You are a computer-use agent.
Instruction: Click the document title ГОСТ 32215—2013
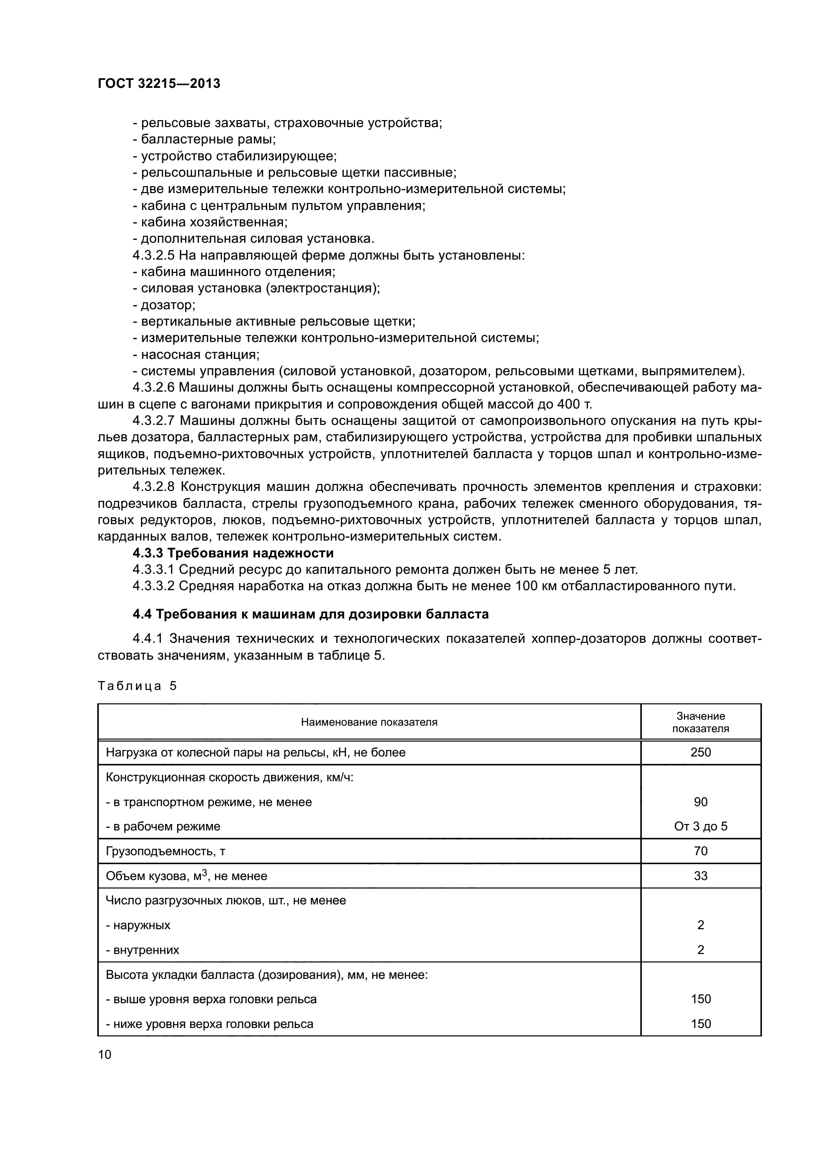pos(159,84)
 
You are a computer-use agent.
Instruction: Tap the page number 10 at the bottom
pos(105,1054)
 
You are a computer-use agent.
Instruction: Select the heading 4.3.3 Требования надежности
pos(233,552)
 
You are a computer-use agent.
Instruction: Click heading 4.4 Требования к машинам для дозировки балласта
pos(310,615)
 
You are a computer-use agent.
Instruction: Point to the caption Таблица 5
pos(137,686)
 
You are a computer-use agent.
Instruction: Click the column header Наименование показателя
pos(369,722)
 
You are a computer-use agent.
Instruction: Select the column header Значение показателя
pos(700,722)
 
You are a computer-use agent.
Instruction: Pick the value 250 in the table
pos(700,752)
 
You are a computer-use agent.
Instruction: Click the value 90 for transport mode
pos(700,802)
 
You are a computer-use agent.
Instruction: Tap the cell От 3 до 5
pos(700,827)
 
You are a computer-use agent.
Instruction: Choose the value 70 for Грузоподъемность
pos(700,852)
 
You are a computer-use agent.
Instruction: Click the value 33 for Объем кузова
pos(700,876)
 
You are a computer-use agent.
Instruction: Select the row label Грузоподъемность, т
pos(165,852)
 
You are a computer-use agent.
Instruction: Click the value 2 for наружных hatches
pos(700,925)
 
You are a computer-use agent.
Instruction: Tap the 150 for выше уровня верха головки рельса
pos(700,999)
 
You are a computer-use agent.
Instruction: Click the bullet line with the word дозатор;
pos(164,305)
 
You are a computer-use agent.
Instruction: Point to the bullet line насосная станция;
pos(196,354)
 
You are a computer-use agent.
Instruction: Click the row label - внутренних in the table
pos(142,950)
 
